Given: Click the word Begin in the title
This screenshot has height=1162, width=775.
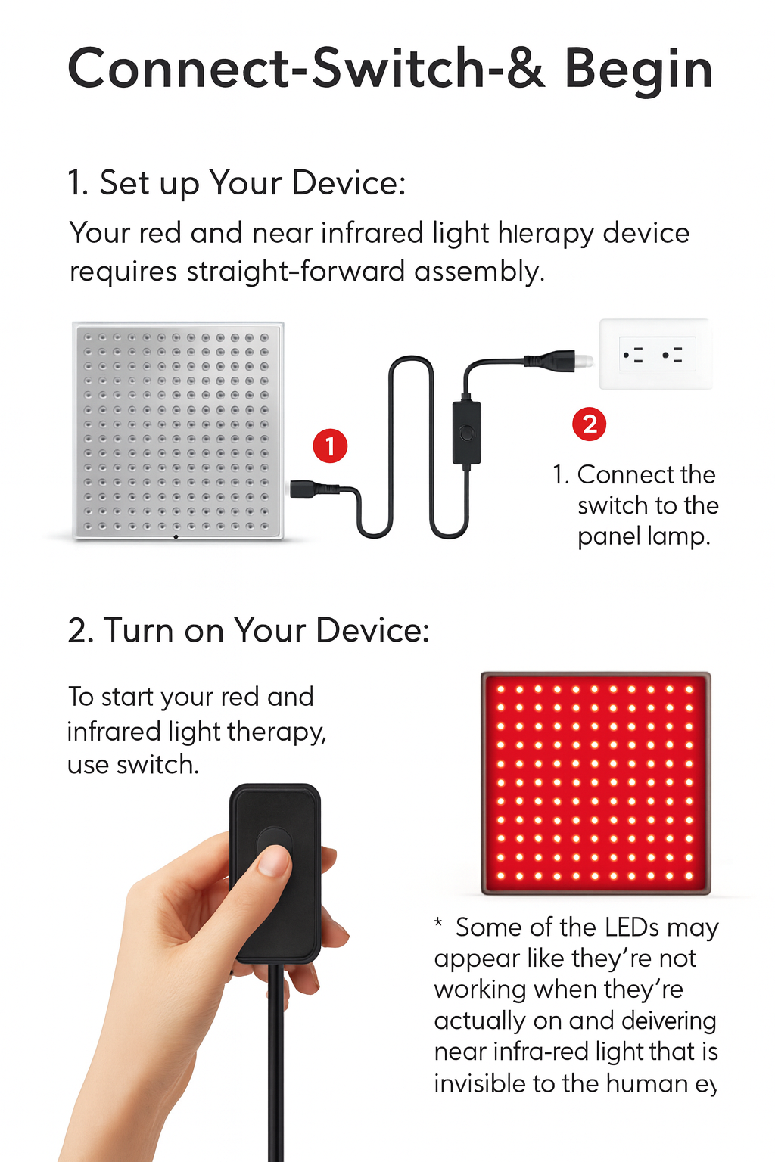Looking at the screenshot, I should [638, 70].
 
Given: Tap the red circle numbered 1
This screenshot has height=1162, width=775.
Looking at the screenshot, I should [330, 446].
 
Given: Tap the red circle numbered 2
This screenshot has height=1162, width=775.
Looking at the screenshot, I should [590, 424].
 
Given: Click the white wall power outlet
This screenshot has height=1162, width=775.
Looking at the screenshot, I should [655, 354].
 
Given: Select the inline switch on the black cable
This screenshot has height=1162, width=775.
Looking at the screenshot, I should [466, 433].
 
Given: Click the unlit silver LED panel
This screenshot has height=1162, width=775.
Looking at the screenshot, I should [178, 430].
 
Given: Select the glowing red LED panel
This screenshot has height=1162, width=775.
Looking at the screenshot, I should [596, 782].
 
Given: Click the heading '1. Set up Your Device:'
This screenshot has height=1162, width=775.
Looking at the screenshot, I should [236, 183].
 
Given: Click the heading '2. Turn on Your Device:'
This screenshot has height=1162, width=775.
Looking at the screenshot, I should [248, 630].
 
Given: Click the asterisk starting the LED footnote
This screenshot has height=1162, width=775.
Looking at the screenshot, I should [438, 924].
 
